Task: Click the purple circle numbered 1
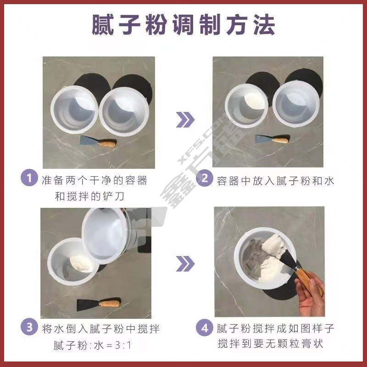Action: (x=29, y=178)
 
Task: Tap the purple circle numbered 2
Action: (x=205, y=178)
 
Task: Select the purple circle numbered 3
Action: (x=29, y=327)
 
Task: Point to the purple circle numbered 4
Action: (x=205, y=328)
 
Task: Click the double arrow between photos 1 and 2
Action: (x=185, y=120)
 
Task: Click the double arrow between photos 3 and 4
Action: (x=185, y=263)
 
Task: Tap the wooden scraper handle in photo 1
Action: (x=107, y=143)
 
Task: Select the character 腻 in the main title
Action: (x=103, y=25)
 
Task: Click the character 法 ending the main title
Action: (x=264, y=25)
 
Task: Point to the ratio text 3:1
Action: (x=123, y=345)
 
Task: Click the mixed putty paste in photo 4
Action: (x=267, y=260)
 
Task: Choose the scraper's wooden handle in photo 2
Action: (x=280, y=140)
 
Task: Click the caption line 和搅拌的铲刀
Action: (x=89, y=196)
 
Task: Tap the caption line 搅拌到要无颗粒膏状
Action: (x=270, y=344)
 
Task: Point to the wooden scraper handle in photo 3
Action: (x=110, y=304)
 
